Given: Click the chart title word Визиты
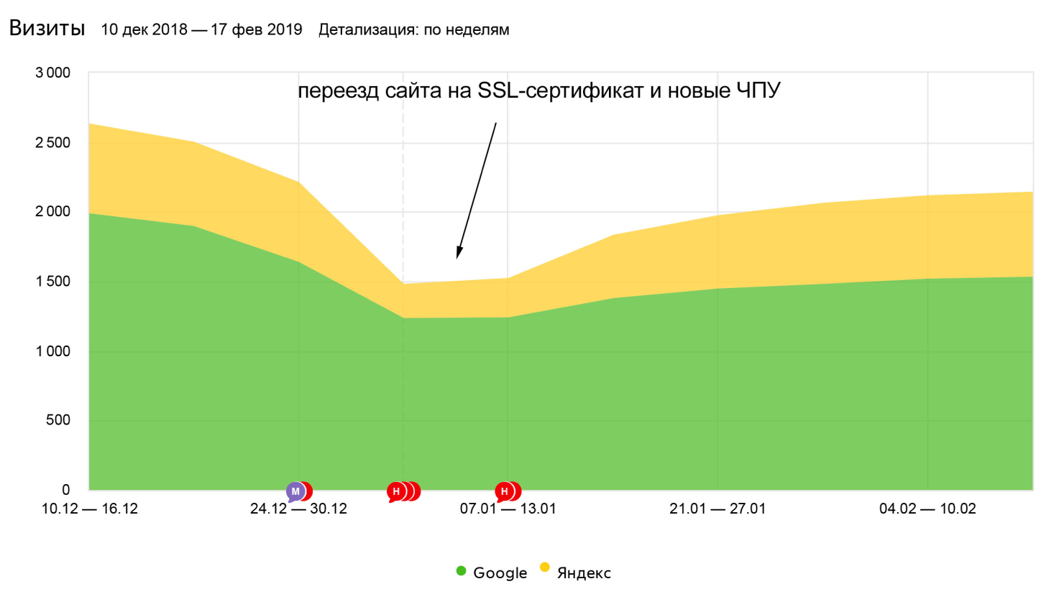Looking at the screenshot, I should (47, 29).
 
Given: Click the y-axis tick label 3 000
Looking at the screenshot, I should (53, 73).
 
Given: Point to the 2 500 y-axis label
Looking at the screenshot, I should (53, 142).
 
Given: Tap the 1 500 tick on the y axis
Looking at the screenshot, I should (53, 281).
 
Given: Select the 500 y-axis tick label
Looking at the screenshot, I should (58, 420).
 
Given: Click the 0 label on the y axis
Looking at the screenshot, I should (66, 490).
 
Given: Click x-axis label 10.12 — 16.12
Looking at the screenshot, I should (90, 509).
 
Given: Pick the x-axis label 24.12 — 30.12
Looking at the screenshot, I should (298, 509).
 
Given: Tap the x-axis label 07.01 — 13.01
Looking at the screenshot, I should (508, 509).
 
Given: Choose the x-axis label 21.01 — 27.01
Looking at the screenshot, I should (717, 509).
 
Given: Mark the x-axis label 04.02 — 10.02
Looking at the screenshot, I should (927, 509).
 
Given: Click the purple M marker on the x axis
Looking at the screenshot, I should (295, 491).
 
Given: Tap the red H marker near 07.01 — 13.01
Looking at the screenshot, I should (505, 491).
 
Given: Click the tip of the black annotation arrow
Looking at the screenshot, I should (458, 257).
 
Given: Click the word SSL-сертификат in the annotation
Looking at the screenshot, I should (560, 91).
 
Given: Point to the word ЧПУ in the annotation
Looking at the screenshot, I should (758, 91).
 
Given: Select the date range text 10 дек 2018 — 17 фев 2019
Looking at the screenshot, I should (201, 29).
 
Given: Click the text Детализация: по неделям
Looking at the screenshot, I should (413, 29).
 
